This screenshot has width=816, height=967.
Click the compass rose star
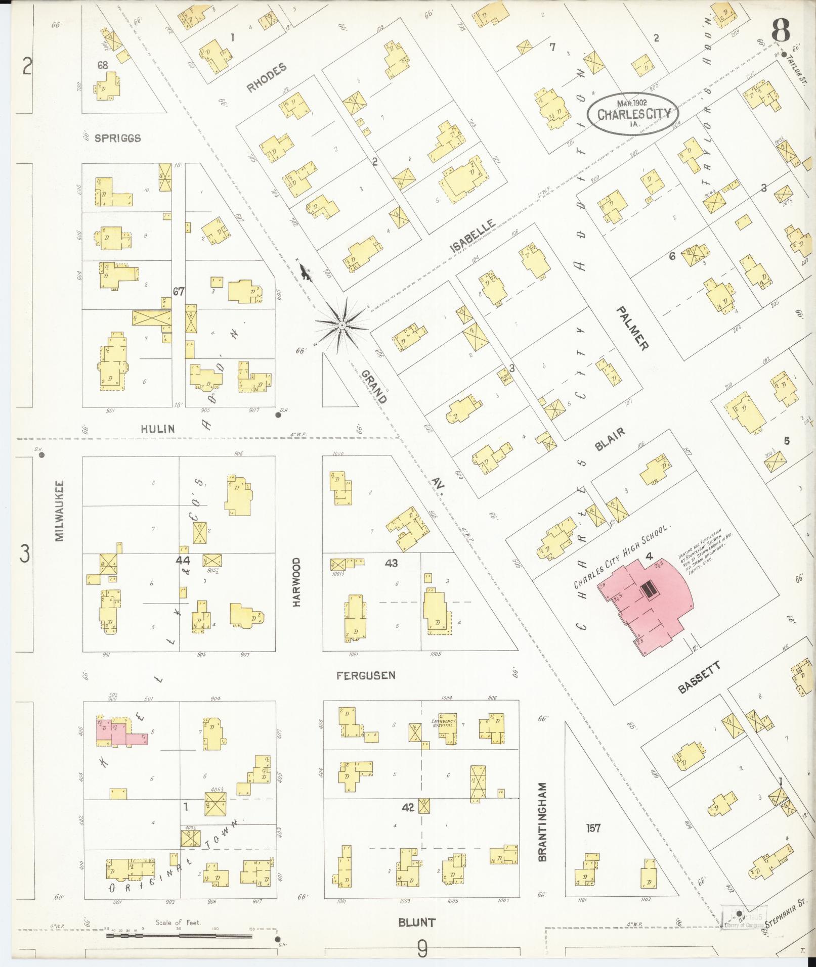click(x=342, y=325)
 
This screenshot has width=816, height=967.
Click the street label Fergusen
click(x=367, y=675)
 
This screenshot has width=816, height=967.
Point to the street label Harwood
click(x=296, y=582)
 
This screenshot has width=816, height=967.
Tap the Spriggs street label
click(x=117, y=138)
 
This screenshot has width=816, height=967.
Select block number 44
click(x=183, y=560)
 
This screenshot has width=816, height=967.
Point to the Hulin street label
click(x=158, y=429)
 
